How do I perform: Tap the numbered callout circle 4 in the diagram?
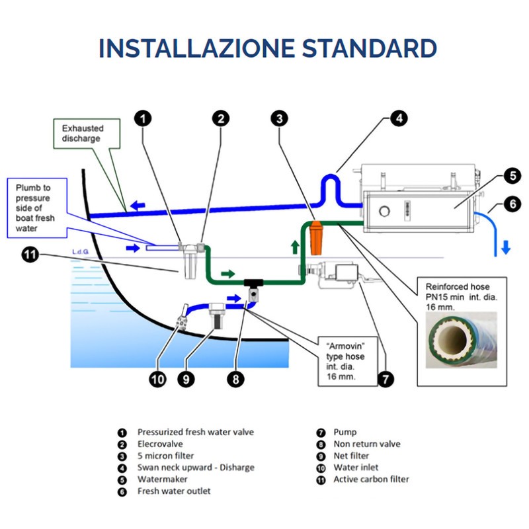tap(397, 118)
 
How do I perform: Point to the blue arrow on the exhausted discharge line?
tap(138, 206)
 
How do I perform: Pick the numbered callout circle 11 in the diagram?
tap(30, 254)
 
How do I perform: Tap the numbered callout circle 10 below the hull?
tap(157, 380)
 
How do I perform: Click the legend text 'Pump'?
tap(345, 432)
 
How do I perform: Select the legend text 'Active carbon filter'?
tap(371, 479)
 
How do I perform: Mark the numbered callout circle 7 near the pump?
tap(384, 380)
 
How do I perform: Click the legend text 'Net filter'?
tap(351, 456)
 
